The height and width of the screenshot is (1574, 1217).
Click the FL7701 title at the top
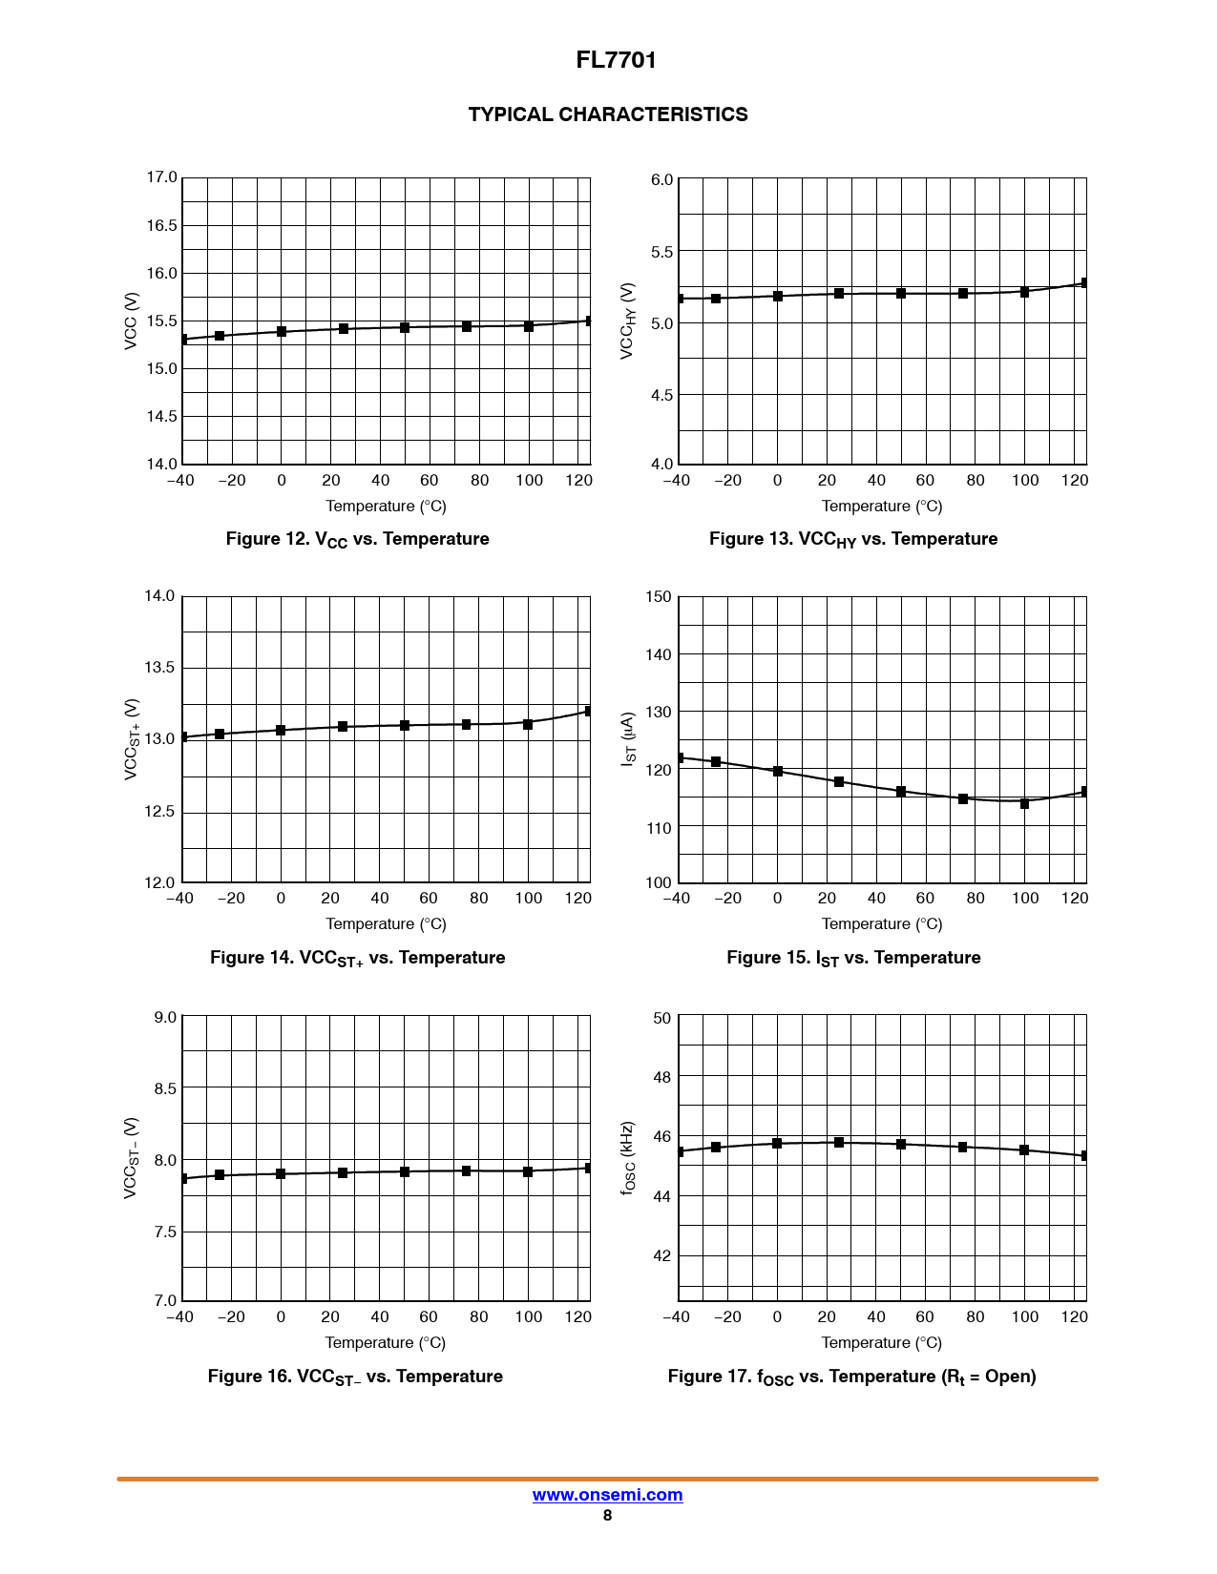616,60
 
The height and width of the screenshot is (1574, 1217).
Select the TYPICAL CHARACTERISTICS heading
608,114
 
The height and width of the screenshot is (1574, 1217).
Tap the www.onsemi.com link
607,1495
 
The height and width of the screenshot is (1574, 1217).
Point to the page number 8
607,1516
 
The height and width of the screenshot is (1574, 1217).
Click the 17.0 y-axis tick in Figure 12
161,177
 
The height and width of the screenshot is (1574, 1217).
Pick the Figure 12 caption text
357,539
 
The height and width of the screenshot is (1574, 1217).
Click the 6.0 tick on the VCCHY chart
661,179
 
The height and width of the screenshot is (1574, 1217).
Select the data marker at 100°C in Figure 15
1024,803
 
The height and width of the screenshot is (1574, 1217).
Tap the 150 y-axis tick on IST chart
659,597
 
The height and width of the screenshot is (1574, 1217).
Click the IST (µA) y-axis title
628,738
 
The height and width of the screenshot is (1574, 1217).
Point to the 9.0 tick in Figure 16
165,1017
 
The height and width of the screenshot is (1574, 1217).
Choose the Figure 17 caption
851,1377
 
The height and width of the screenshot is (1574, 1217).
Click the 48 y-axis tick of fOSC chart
661,1077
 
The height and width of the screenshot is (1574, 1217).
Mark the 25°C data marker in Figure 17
839,1142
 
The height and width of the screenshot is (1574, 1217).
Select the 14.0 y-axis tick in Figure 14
159,596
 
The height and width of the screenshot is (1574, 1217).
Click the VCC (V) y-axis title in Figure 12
131,321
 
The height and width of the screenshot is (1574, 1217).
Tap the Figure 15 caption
853,958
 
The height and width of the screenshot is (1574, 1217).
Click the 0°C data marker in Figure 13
778,296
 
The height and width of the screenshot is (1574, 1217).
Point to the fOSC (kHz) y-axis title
628,1158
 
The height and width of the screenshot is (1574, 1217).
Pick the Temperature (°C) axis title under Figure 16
385,1343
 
